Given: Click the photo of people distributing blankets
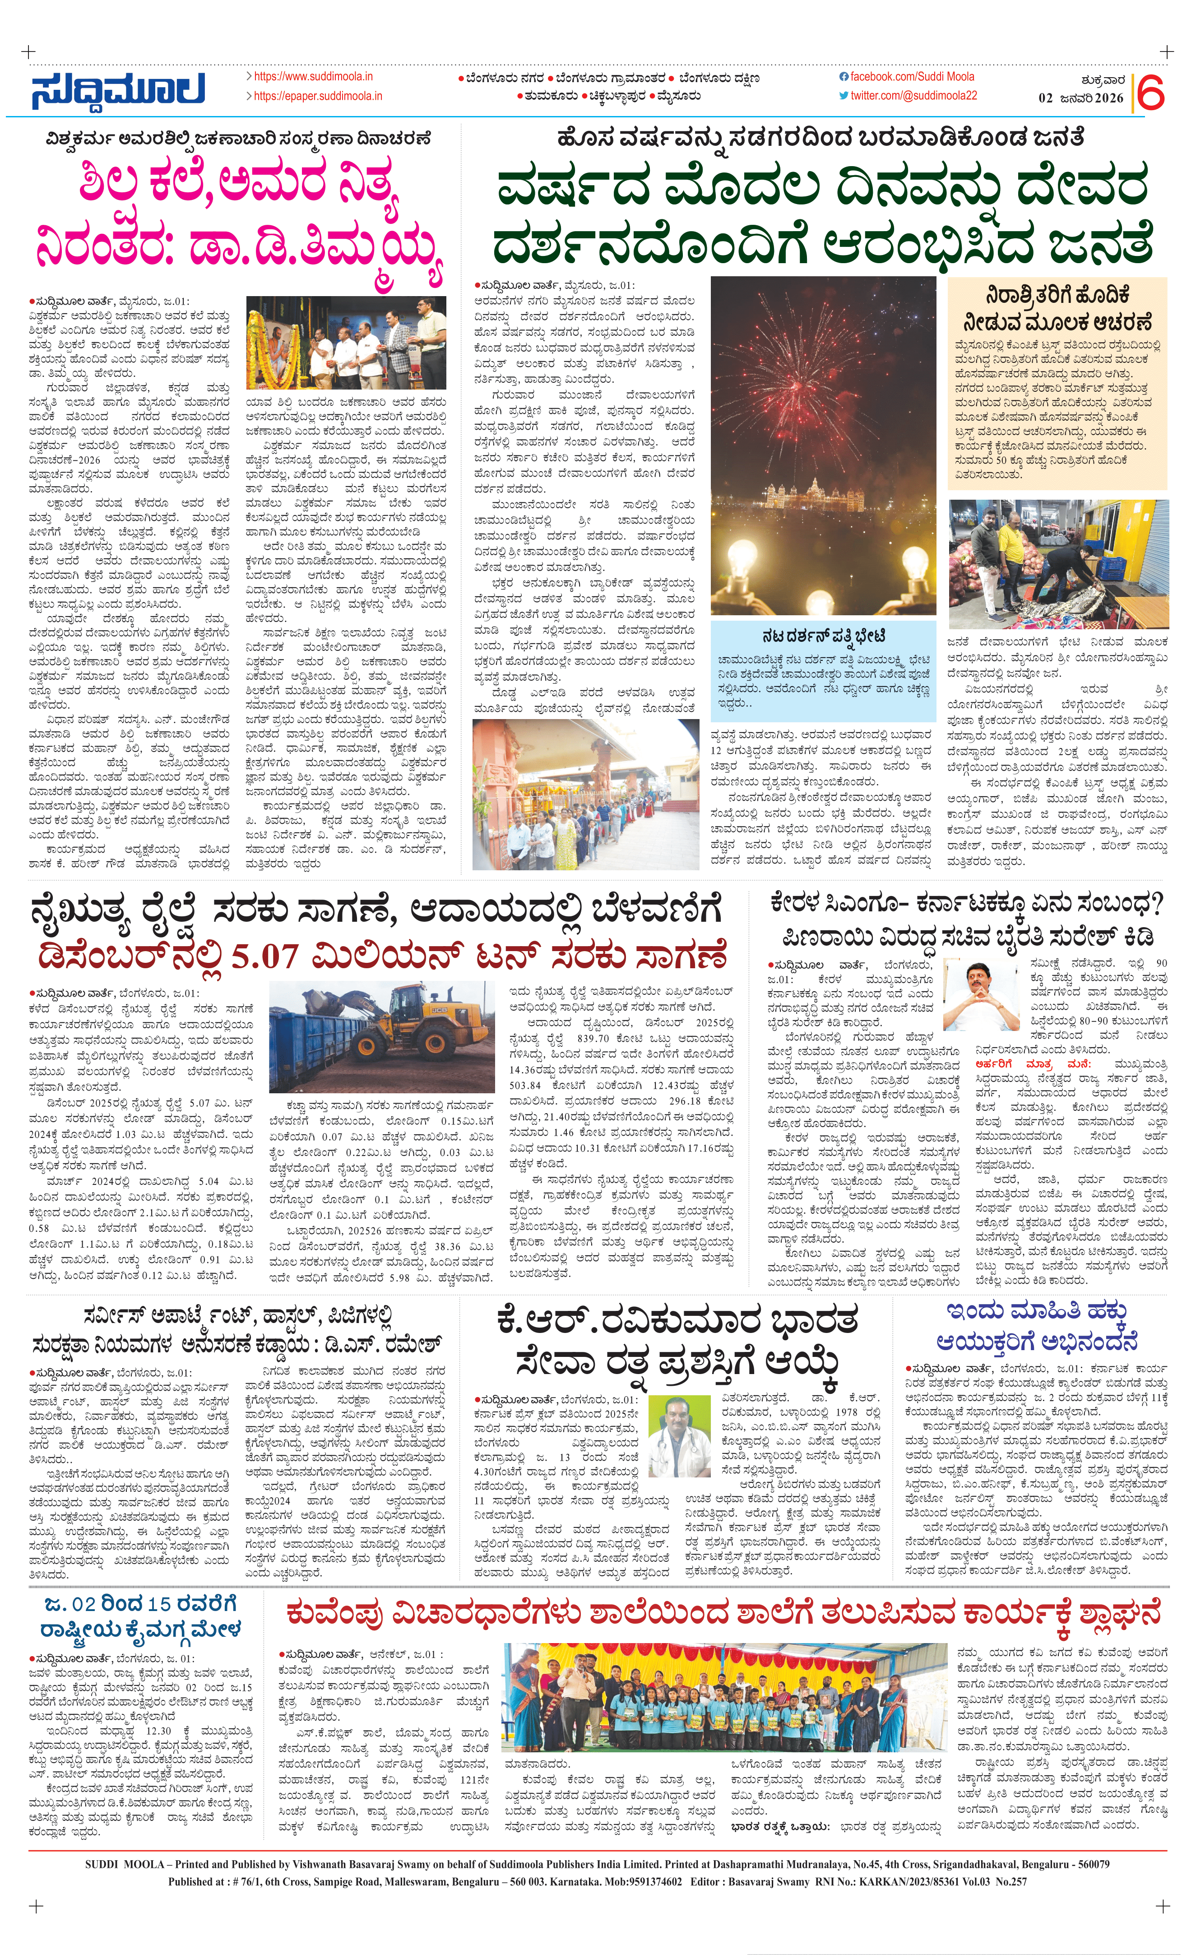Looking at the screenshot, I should (1057, 564).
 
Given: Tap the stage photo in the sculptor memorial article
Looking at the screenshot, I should (346, 342).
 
